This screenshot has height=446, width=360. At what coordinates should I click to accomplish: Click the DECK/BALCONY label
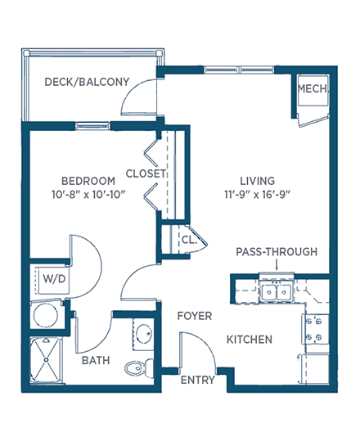point(87,82)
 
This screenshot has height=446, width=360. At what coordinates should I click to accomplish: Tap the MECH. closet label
point(313,89)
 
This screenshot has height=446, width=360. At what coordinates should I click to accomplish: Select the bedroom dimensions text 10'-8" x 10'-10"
point(88,195)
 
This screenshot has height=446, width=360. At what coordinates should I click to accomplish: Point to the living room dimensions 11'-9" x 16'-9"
point(258,195)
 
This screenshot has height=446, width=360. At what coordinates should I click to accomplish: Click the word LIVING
point(258,181)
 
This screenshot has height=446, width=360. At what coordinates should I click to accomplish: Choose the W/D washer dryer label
point(54,279)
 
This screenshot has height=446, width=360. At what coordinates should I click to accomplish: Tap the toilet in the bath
point(139,368)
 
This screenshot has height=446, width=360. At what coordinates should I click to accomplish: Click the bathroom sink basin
point(144,333)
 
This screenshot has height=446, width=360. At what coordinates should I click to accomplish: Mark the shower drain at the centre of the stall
point(46,360)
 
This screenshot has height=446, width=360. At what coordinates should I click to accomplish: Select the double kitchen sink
point(276,291)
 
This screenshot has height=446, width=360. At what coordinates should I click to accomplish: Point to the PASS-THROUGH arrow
point(277,265)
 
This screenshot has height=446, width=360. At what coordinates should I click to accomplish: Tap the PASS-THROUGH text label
point(277,252)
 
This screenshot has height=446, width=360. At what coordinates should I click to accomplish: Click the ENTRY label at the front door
point(198,380)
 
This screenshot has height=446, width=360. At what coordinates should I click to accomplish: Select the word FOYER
point(195,316)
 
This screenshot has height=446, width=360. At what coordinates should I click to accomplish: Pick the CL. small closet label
point(189,240)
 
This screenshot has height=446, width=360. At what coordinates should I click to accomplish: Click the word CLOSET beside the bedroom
point(146,173)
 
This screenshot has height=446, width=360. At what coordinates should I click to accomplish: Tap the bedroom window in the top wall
point(92,125)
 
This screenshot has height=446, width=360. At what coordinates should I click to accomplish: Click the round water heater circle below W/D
point(46,315)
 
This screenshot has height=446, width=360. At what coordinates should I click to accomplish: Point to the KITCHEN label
point(250,340)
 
